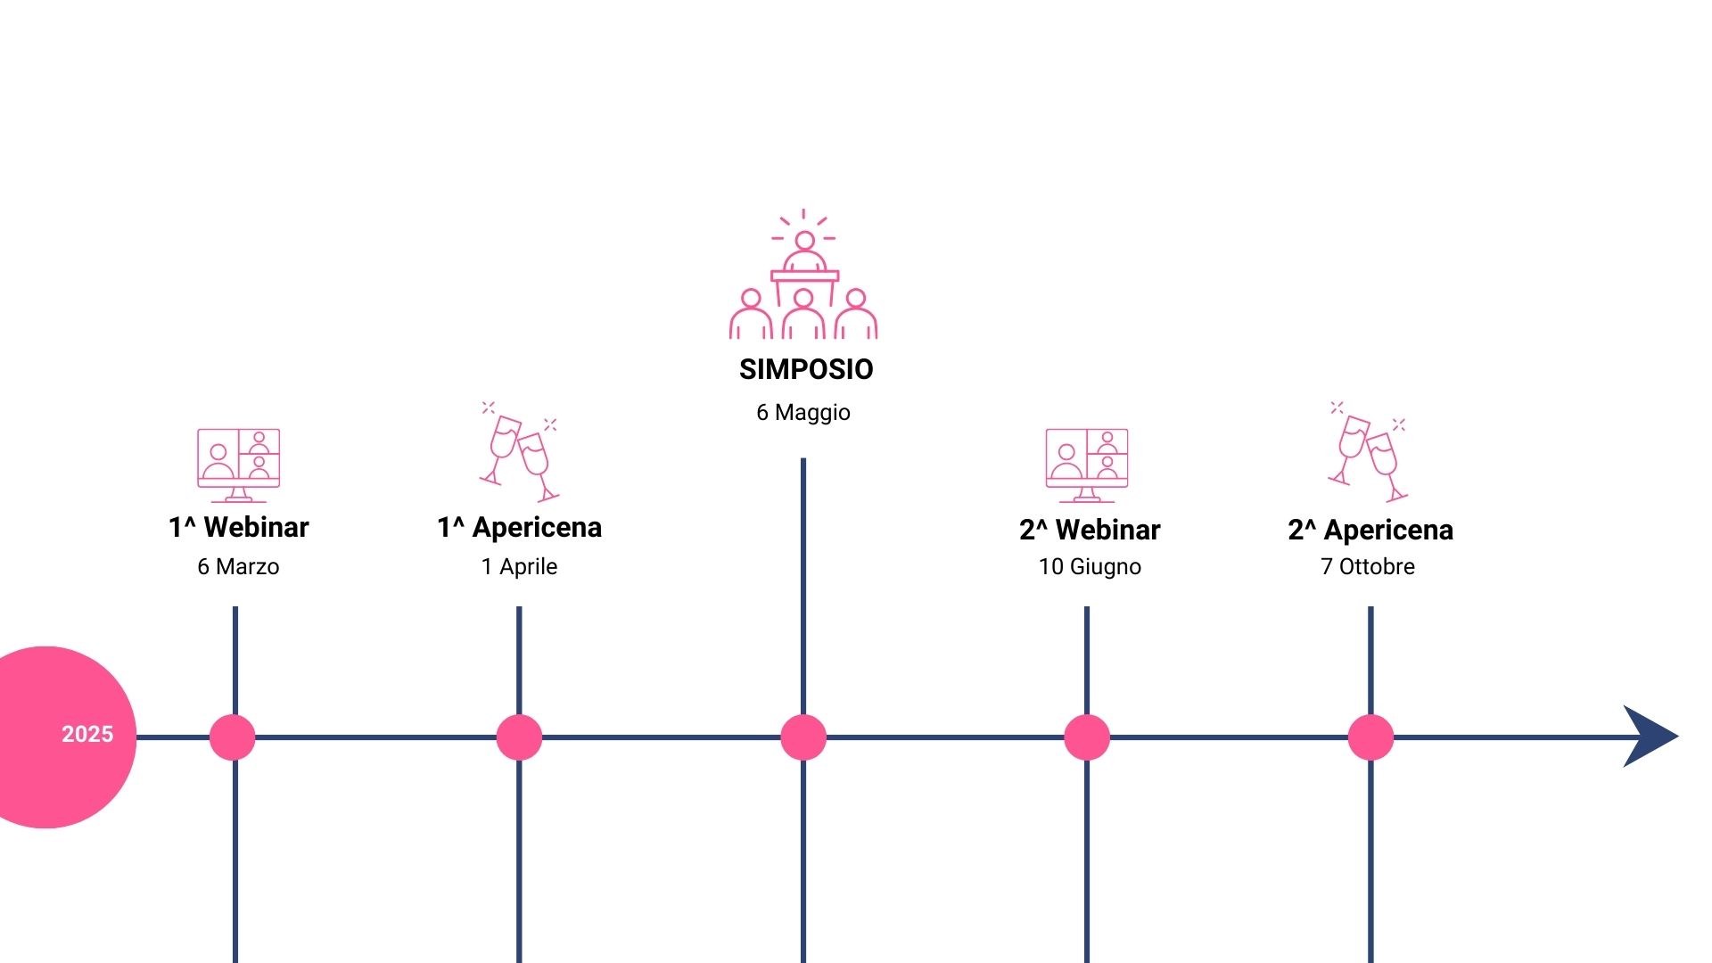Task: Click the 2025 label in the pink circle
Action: point(87,734)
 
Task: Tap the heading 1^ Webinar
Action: point(239,527)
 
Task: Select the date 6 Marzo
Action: point(238,566)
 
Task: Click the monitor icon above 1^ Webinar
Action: point(238,465)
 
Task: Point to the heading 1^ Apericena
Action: point(520,527)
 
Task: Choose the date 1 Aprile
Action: point(519,566)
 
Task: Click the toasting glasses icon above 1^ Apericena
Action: point(520,451)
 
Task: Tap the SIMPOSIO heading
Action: point(806,369)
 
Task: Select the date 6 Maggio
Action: point(803,413)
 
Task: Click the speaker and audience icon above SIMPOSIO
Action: point(803,275)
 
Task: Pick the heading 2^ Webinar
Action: point(1090,530)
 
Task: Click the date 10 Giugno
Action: point(1090,567)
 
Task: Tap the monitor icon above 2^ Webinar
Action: point(1087,465)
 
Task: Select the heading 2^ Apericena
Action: point(1370,530)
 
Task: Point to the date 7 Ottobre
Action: point(1368,566)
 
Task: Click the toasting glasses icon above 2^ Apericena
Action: point(1368,451)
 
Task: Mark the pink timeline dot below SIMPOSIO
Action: point(803,737)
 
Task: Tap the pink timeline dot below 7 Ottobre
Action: point(1370,737)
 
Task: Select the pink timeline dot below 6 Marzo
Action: point(233,737)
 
